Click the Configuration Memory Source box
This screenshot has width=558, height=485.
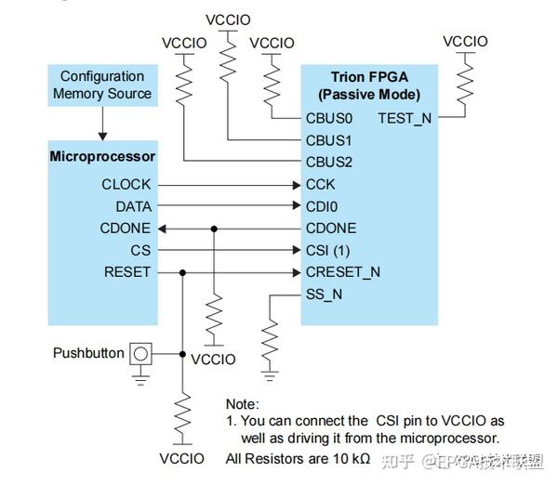(x=102, y=85)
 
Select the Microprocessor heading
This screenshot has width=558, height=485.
(x=102, y=156)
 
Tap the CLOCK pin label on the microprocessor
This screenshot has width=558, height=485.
(x=126, y=185)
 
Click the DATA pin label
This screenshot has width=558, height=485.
(x=133, y=206)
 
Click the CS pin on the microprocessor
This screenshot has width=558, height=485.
(x=140, y=250)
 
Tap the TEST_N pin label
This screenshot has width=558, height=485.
(x=405, y=119)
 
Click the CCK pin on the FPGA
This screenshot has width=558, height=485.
(x=320, y=185)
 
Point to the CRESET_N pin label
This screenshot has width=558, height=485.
(x=342, y=272)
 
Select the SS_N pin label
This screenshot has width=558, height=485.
(x=324, y=294)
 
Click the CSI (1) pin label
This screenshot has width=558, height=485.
(x=329, y=250)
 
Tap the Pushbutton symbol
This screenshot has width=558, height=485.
(x=140, y=354)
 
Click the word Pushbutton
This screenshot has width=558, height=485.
(x=88, y=353)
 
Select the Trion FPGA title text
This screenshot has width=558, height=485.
(x=368, y=77)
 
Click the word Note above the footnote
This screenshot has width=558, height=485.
(x=243, y=404)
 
